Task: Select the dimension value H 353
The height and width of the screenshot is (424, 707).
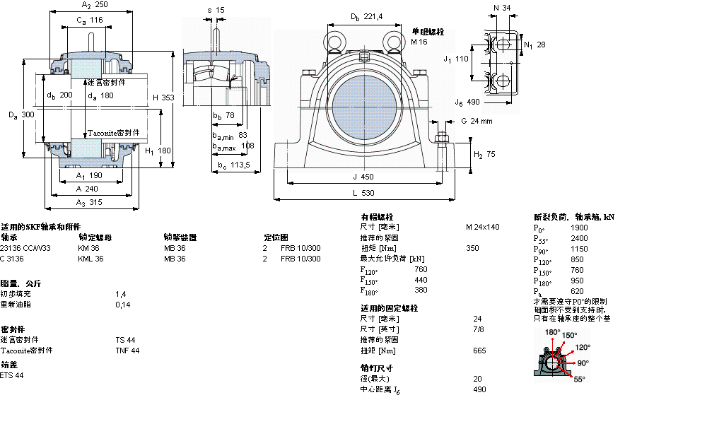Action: coord(163,98)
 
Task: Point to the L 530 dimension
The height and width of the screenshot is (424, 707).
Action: coord(363,193)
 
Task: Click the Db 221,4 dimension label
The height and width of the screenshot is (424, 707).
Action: coord(366,17)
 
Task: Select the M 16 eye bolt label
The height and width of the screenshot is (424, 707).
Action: coord(420,42)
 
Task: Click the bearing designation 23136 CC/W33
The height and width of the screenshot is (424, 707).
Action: coord(25,248)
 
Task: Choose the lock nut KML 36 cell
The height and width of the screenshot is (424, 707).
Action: coord(90,259)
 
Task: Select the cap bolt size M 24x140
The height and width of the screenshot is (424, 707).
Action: coord(482,227)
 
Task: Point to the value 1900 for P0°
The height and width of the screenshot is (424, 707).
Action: coord(579,228)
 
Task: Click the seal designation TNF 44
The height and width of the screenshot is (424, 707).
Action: coord(127,351)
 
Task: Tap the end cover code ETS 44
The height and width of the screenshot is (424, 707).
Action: coord(12,375)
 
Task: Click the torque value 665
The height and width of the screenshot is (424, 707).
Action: coord(480,351)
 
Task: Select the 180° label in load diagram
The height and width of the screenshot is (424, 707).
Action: coord(552,331)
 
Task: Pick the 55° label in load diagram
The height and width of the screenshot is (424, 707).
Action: coord(579,379)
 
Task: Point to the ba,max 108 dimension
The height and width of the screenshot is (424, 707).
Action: coord(233,147)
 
